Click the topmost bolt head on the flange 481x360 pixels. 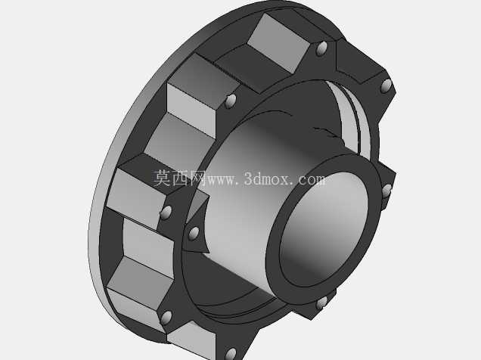pos(321,48)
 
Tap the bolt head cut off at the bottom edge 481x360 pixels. pos(231,354)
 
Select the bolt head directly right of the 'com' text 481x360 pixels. pos(386,191)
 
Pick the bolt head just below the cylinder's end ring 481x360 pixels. pos(321,303)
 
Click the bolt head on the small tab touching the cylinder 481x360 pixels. pos(194,234)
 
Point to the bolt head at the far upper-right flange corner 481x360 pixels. pos(386,86)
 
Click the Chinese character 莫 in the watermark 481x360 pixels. pos(162,178)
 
